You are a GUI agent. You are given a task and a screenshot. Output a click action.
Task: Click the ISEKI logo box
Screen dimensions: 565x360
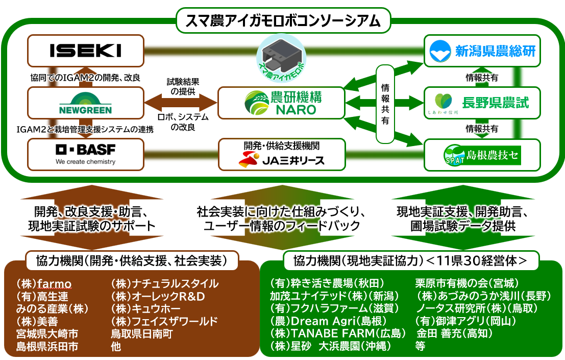point(86,51)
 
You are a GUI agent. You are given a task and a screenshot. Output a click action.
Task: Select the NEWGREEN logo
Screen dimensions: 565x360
point(85,103)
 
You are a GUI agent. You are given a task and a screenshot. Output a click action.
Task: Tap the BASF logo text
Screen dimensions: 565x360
point(86,150)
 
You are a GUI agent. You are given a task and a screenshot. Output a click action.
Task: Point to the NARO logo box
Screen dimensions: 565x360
point(281,103)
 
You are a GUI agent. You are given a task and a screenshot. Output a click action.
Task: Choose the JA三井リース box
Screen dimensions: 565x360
point(282,155)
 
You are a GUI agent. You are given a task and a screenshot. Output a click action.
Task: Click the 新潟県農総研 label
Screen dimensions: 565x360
point(496,51)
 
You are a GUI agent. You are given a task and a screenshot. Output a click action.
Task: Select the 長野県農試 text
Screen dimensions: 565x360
point(496,103)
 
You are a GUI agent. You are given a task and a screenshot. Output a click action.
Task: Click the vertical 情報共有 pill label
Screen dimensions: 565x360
point(385,104)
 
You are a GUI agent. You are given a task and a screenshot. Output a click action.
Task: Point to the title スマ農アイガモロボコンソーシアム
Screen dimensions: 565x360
point(283,20)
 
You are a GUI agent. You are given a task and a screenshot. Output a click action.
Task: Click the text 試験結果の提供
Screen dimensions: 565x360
point(183,86)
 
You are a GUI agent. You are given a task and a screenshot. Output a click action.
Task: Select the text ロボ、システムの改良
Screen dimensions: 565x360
point(183,122)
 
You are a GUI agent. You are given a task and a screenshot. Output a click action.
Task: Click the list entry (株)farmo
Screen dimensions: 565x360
point(43,283)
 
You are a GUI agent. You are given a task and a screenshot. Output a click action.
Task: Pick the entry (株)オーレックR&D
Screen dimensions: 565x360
point(158,296)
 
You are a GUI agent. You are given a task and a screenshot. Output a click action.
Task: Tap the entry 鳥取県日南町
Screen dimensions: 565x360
point(141,333)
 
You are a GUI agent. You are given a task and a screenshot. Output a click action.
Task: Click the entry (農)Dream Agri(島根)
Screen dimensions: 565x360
point(328,321)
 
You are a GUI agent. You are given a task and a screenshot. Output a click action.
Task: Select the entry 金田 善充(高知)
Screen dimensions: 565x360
point(454,333)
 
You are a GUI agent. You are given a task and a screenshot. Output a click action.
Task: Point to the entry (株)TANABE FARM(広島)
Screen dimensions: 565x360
point(338,333)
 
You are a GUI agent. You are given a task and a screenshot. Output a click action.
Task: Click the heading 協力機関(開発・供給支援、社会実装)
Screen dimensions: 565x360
point(132,260)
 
